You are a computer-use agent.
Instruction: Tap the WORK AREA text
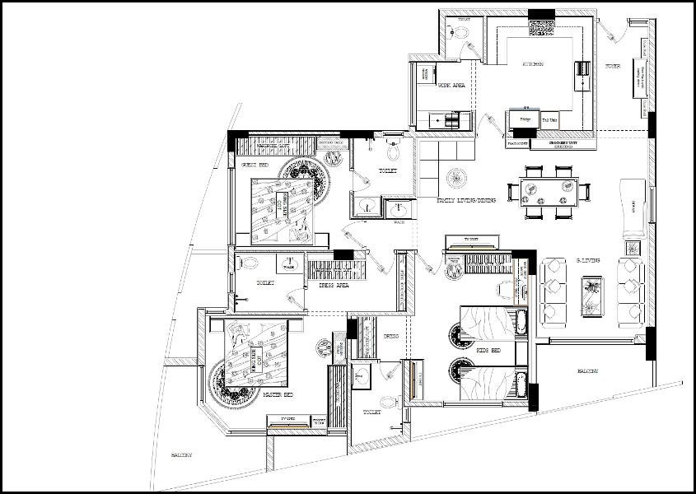pyautogui.click(x=451, y=85)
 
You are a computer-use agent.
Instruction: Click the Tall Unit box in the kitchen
pyautogui.click(x=549, y=120)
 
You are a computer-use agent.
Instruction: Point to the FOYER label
pyautogui.click(x=613, y=66)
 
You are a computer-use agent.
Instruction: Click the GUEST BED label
pyautogui.click(x=254, y=165)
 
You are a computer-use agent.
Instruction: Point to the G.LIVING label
pyautogui.click(x=587, y=261)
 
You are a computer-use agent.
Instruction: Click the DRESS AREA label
pyautogui.click(x=334, y=285)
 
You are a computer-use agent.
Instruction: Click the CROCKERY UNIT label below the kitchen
pyautogui.click(x=563, y=143)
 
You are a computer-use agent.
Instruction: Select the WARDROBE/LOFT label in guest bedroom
pyautogui.click(x=272, y=146)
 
